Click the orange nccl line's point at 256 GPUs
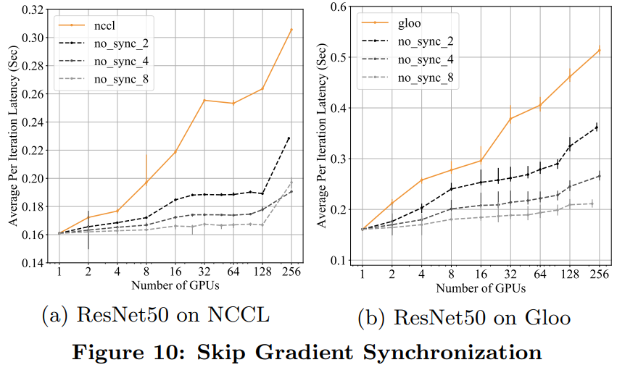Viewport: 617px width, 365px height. pos(291,30)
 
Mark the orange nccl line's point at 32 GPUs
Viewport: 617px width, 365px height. pos(204,100)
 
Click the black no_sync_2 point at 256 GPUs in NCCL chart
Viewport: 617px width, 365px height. pos(291,138)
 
